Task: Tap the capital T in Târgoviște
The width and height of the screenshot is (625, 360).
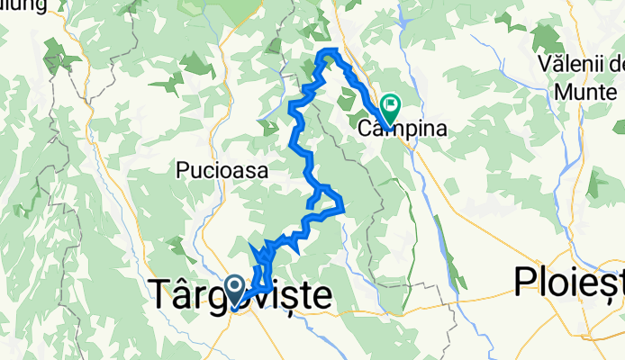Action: (x=160, y=294)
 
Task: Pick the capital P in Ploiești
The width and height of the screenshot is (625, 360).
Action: (x=526, y=283)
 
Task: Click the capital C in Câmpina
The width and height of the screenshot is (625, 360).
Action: (x=366, y=129)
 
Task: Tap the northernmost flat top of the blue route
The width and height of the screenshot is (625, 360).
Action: (x=331, y=49)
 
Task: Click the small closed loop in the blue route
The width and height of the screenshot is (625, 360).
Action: (x=320, y=197)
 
